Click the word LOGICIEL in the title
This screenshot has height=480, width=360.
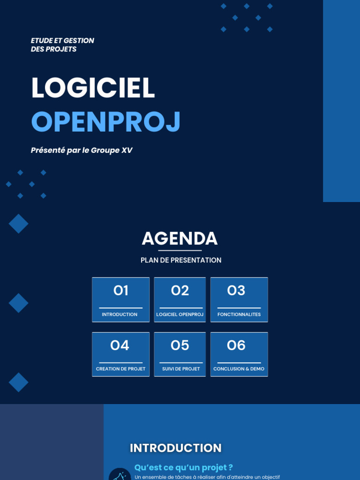pyautogui.click(x=93, y=88)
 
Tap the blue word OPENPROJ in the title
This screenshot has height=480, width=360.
pyautogui.click(x=105, y=122)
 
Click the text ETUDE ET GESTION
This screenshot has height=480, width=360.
pyautogui.click(x=62, y=41)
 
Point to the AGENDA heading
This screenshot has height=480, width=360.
pyautogui.click(x=180, y=239)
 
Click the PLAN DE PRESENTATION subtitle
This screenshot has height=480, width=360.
pyautogui.click(x=181, y=260)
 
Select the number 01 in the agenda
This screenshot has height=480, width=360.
pyautogui.click(x=120, y=291)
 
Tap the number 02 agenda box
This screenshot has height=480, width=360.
pyautogui.click(x=180, y=291)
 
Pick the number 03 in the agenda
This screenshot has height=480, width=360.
pyautogui.click(x=236, y=291)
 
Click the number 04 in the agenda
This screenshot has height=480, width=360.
pyautogui.click(x=120, y=346)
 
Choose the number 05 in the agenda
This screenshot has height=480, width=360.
pyautogui.click(x=180, y=346)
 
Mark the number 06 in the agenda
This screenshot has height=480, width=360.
pyautogui.click(x=236, y=346)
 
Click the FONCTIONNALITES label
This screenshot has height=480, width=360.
pyautogui.click(x=239, y=315)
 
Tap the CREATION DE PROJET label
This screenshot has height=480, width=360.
pyautogui.click(x=120, y=369)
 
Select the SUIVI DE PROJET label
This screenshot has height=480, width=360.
pyautogui.click(x=181, y=369)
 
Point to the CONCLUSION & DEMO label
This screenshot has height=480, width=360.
pyautogui.click(x=239, y=369)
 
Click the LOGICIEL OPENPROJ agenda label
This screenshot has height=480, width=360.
pyautogui.click(x=180, y=315)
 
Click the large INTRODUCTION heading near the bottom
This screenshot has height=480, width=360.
pyautogui.click(x=176, y=448)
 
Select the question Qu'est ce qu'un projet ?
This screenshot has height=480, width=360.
pyautogui.click(x=184, y=467)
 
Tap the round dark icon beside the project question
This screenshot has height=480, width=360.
pyautogui.click(x=120, y=474)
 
